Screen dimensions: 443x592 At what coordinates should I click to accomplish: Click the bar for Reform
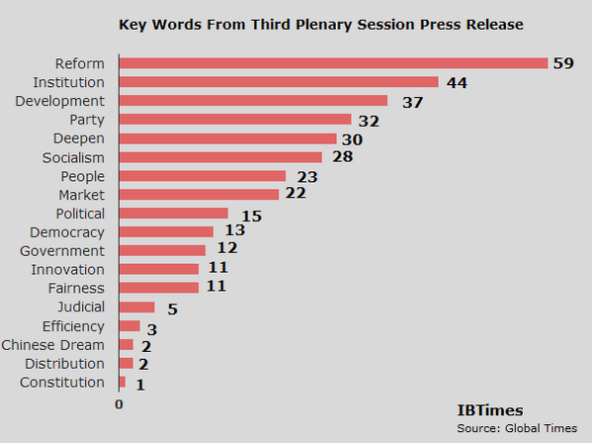coord(333,63)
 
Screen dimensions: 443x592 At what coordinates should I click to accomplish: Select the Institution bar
coord(279,82)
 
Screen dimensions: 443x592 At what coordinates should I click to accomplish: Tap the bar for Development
coord(253,101)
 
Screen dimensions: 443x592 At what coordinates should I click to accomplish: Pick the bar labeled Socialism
coord(220,157)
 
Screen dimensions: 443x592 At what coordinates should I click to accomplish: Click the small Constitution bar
coord(123,382)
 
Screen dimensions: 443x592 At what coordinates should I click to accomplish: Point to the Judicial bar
coord(137,308)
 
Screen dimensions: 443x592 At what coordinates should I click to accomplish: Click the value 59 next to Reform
coord(563,64)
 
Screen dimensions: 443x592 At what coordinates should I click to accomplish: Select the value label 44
coord(456,83)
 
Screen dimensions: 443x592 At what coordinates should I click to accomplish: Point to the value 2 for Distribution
coord(143,364)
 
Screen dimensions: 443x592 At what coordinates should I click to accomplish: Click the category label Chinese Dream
coord(52,344)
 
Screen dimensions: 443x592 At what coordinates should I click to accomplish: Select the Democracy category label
coord(67,231)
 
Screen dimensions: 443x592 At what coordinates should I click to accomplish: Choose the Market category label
coord(81,194)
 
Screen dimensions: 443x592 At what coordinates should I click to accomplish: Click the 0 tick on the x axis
coord(119,403)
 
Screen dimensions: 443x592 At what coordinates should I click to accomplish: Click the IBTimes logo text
coord(490,409)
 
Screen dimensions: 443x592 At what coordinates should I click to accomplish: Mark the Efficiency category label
coord(73,325)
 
